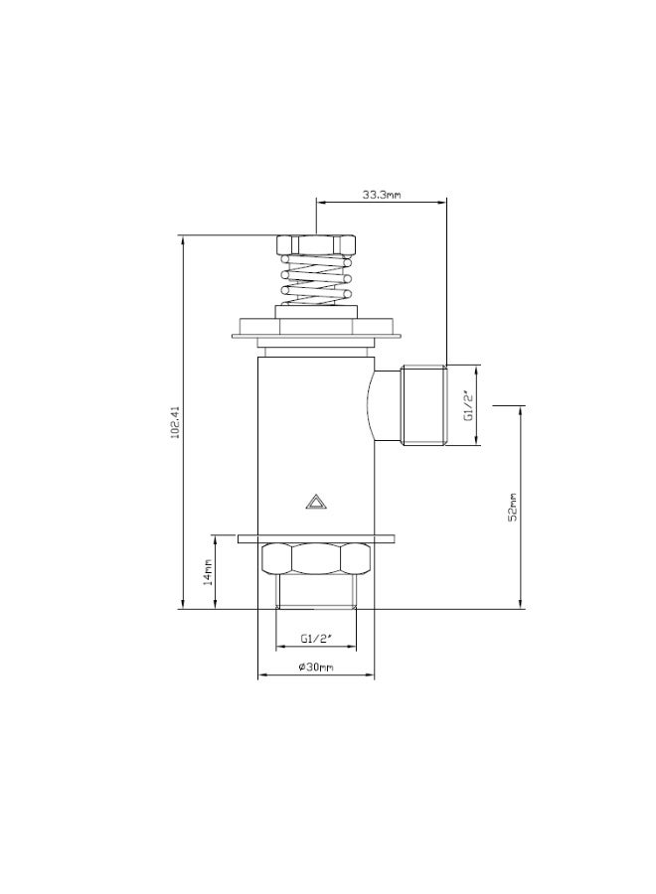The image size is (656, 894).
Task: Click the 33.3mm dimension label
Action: coord(382,195)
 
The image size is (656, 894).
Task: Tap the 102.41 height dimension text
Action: coord(175,422)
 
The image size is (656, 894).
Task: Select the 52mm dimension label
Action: coord(512,507)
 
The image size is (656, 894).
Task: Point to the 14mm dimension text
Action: coord(208,572)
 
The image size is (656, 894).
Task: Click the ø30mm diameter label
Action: coord(316,667)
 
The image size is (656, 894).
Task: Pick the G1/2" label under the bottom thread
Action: coord(316,639)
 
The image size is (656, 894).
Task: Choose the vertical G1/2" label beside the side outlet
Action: coord(468,405)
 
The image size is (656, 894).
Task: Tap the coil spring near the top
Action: coord(315,279)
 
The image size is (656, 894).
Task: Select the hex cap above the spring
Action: coord(315,244)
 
